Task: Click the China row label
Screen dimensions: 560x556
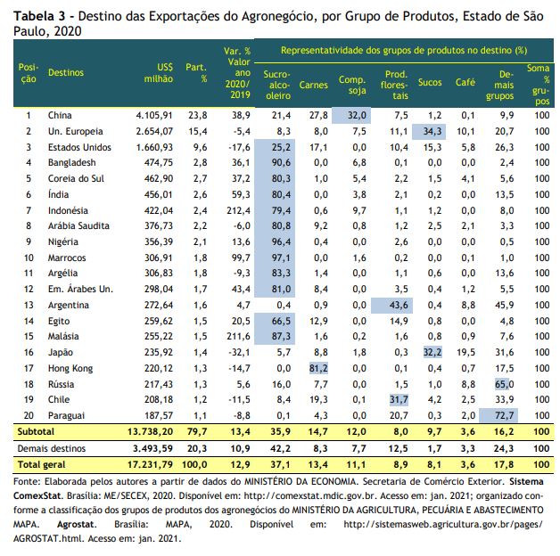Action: [x=60, y=115]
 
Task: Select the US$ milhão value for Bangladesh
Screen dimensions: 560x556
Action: [x=158, y=163]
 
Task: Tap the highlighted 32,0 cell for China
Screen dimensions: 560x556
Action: [x=351, y=115]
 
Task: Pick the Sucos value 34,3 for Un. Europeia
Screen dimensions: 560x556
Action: [x=429, y=131]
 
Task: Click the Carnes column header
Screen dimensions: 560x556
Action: [x=313, y=85]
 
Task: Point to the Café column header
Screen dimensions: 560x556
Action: [x=465, y=83]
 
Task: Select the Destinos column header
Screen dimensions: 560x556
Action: [x=66, y=72]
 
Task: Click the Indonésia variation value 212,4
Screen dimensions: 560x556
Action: [x=239, y=210]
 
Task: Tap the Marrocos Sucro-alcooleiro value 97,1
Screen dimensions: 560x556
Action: [x=281, y=258]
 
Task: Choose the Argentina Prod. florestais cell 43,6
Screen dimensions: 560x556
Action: [x=391, y=306]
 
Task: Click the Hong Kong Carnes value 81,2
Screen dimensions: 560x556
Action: [x=318, y=368]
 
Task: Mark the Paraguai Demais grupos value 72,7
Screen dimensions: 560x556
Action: [x=498, y=416]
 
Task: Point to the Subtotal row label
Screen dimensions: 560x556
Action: [x=36, y=432]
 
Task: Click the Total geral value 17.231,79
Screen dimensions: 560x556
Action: [x=150, y=464]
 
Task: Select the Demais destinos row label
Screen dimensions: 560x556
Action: [x=52, y=448]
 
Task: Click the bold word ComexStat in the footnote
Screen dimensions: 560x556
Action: [x=37, y=496]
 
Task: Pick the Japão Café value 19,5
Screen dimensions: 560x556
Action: [x=465, y=353]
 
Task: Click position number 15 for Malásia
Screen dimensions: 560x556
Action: [x=29, y=336]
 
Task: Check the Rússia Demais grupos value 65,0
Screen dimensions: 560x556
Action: [x=505, y=384]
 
